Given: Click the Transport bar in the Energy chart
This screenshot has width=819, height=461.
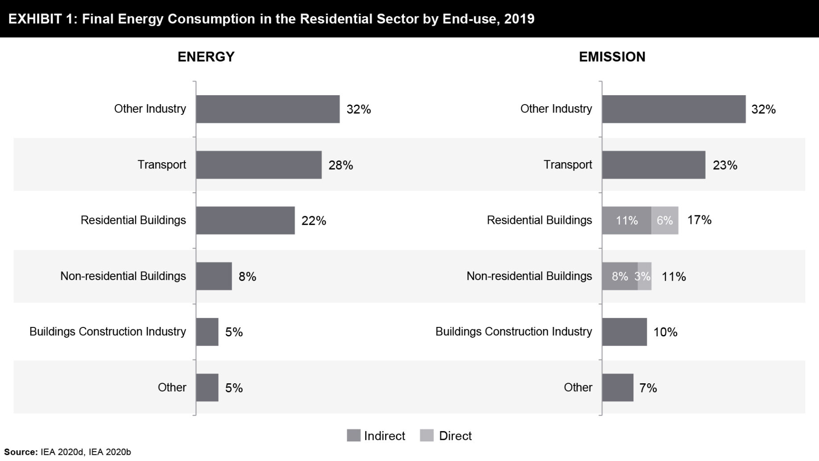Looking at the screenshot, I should coord(258,165).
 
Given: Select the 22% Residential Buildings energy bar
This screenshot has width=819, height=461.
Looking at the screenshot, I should coord(245,220).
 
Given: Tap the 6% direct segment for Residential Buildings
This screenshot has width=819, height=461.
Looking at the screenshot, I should coord(665,220).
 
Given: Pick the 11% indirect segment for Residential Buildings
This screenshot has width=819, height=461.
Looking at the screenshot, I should coord(626,220).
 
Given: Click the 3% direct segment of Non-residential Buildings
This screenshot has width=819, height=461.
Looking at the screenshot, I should coord(644,276).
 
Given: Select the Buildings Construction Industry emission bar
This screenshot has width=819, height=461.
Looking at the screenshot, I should coord(624,332).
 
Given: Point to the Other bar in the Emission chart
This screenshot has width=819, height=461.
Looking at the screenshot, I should coord(617,387).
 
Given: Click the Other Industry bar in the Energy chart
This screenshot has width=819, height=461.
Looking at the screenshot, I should coord(267,109).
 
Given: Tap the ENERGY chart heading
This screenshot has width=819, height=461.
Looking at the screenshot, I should coord(206,57).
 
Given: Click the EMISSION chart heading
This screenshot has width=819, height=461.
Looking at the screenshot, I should coord(612,57).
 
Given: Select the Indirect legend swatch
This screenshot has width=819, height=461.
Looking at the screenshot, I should coord(353,436).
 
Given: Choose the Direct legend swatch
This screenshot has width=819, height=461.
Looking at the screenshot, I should coord(427,436).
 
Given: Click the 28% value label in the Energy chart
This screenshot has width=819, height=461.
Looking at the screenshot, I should coord(341,165).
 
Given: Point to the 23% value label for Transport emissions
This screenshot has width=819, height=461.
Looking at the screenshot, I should coord(725,165).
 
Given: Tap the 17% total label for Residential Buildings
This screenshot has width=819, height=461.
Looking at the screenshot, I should coord(699,220).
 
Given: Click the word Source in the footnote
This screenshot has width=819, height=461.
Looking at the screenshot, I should coord(20,452).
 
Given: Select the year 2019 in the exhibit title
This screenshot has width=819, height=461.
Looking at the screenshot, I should coord(519,19).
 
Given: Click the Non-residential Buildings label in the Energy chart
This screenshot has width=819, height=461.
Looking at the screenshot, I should coord(123,276).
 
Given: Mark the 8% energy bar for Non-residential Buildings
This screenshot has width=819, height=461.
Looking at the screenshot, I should coord(214,276).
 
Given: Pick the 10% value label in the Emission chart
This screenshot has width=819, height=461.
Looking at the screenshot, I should coord(665,332).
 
